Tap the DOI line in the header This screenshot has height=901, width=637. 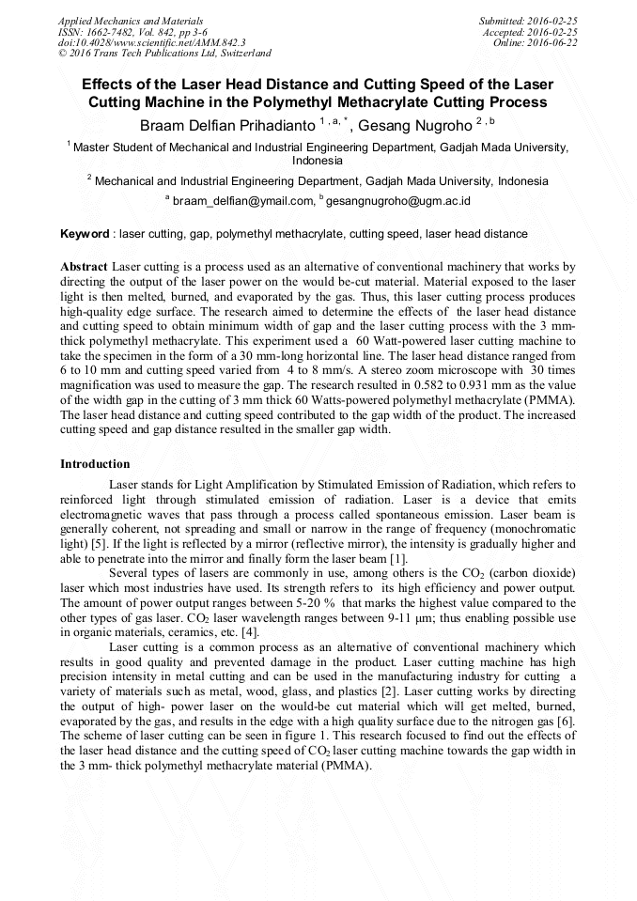point(151,42)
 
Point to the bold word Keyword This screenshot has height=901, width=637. point(85,234)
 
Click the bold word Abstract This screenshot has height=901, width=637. point(85,267)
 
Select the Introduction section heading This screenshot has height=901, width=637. point(95,464)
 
